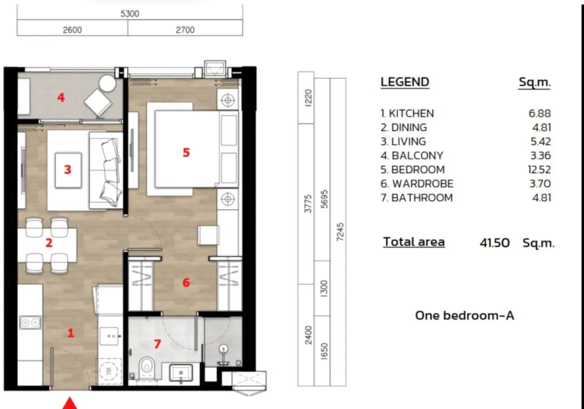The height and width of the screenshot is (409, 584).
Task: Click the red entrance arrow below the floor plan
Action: coord(70,404)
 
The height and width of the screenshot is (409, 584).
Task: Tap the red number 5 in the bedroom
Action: coord(186,152)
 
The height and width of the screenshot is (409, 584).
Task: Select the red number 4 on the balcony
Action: coord(61,97)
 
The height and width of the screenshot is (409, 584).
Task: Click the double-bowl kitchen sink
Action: coord(30,323)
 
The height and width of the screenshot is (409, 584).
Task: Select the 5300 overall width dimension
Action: coord(129,14)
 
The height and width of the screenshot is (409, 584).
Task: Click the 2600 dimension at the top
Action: coord(72,30)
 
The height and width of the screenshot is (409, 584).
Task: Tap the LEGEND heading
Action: coord(405,82)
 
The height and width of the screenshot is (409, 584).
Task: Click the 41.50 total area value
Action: coord(494,242)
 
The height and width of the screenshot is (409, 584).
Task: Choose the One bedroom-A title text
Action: coord(464,315)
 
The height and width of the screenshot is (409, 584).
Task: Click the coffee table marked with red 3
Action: coord(68,170)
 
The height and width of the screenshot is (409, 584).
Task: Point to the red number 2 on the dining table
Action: coord(48,243)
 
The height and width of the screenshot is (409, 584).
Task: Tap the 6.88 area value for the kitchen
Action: coord(540,113)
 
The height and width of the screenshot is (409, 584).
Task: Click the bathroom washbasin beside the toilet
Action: coord(181,373)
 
